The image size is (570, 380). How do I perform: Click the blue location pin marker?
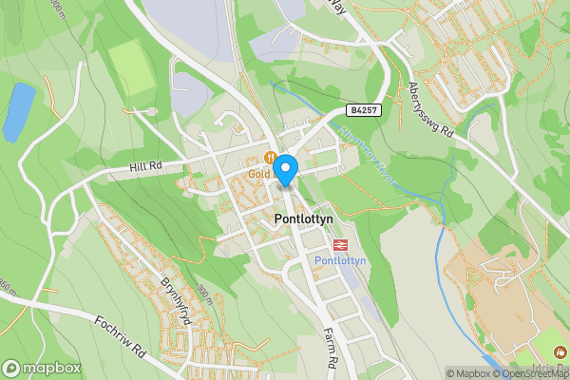tap(285, 170)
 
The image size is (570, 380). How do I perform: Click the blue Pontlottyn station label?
tap(339, 259)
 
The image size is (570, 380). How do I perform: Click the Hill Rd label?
tap(146, 166)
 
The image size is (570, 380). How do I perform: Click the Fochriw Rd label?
tap(118, 333)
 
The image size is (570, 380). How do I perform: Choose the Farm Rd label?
tap(332, 348)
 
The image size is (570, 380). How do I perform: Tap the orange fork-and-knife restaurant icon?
tap(272, 159)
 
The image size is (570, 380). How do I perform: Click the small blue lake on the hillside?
tap(18, 111)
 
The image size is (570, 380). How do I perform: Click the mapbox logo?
tap(41, 368)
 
